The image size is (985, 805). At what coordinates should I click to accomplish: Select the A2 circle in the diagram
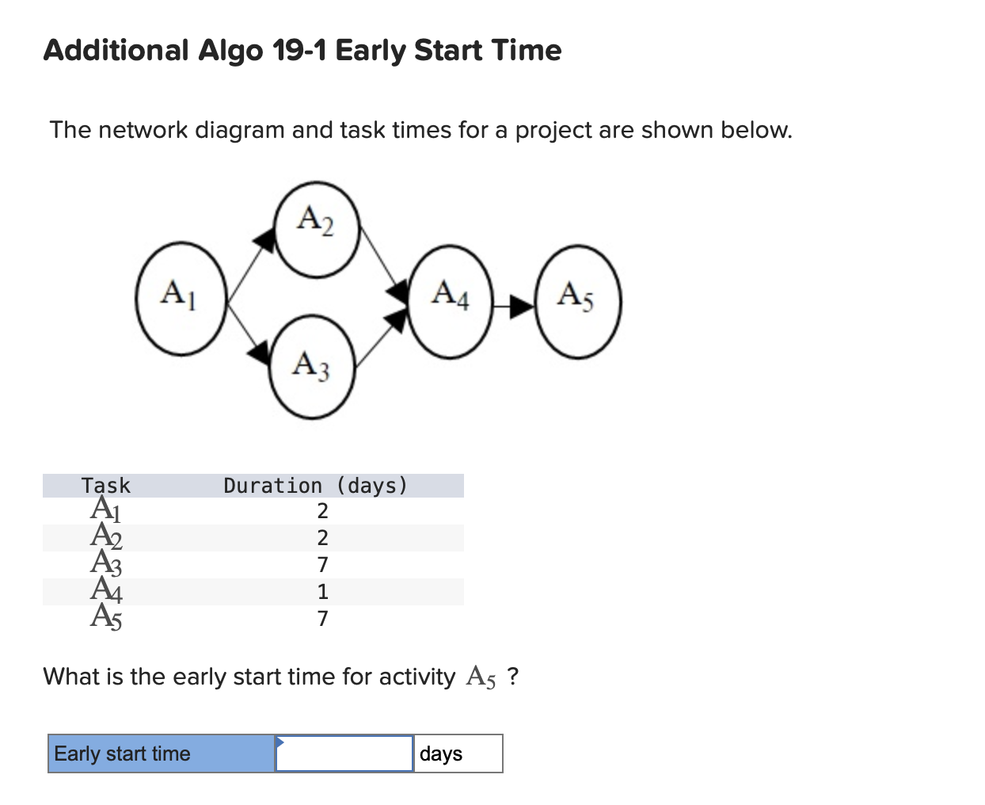tap(317, 229)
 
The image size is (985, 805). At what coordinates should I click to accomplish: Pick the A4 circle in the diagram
tap(451, 302)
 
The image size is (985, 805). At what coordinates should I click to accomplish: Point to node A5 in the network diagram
tap(578, 302)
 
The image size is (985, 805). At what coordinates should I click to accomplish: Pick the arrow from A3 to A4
tap(378, 338)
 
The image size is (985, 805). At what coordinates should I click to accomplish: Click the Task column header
tap(106, 486)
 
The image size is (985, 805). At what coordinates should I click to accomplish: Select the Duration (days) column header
tap(315, 486)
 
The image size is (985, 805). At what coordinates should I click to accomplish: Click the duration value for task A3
tap(322, 565)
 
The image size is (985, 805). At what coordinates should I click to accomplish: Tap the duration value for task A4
tap(322, 592)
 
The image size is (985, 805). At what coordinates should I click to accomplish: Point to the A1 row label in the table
tap(106, 509)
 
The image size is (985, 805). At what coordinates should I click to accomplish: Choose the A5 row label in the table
tap(106, 616)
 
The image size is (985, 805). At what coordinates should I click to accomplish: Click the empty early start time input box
tap(344, 753)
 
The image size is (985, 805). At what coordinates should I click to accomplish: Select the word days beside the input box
tap(441, 753)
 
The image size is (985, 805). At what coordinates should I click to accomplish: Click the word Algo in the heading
tap(230, 51)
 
